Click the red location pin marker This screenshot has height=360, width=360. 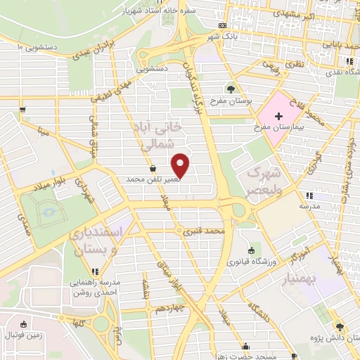[x=181, y=165]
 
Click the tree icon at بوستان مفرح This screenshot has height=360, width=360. [x=231, y=89]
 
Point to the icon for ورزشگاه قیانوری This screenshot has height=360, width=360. [x=252, y=250]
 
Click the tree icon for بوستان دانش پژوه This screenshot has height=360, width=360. [x=339, y=326]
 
